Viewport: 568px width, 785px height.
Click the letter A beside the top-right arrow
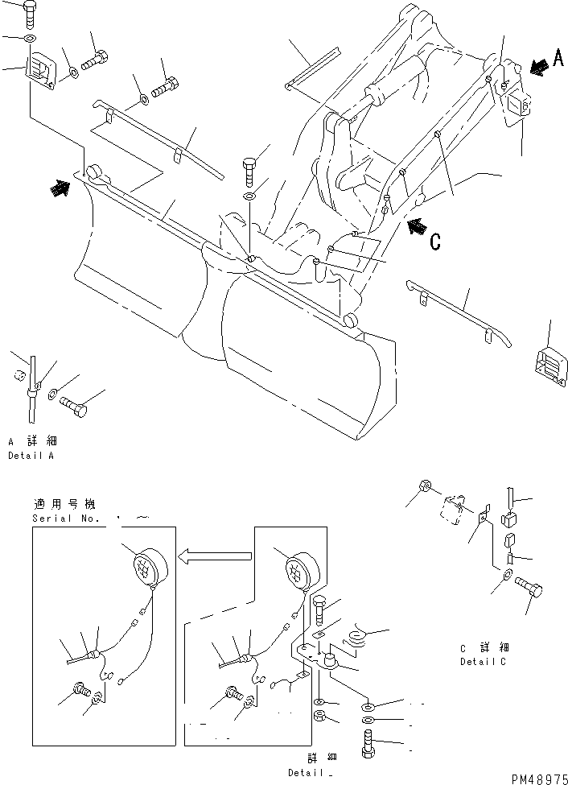click(558, 59)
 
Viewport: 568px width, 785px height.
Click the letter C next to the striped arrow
click(435, 241)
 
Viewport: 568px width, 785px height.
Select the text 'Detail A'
click(31, 456)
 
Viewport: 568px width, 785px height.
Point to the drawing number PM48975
click(538, 778)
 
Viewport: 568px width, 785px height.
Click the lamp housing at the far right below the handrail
click(549, 362)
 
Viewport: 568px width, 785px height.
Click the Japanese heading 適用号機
click(64, 505)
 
